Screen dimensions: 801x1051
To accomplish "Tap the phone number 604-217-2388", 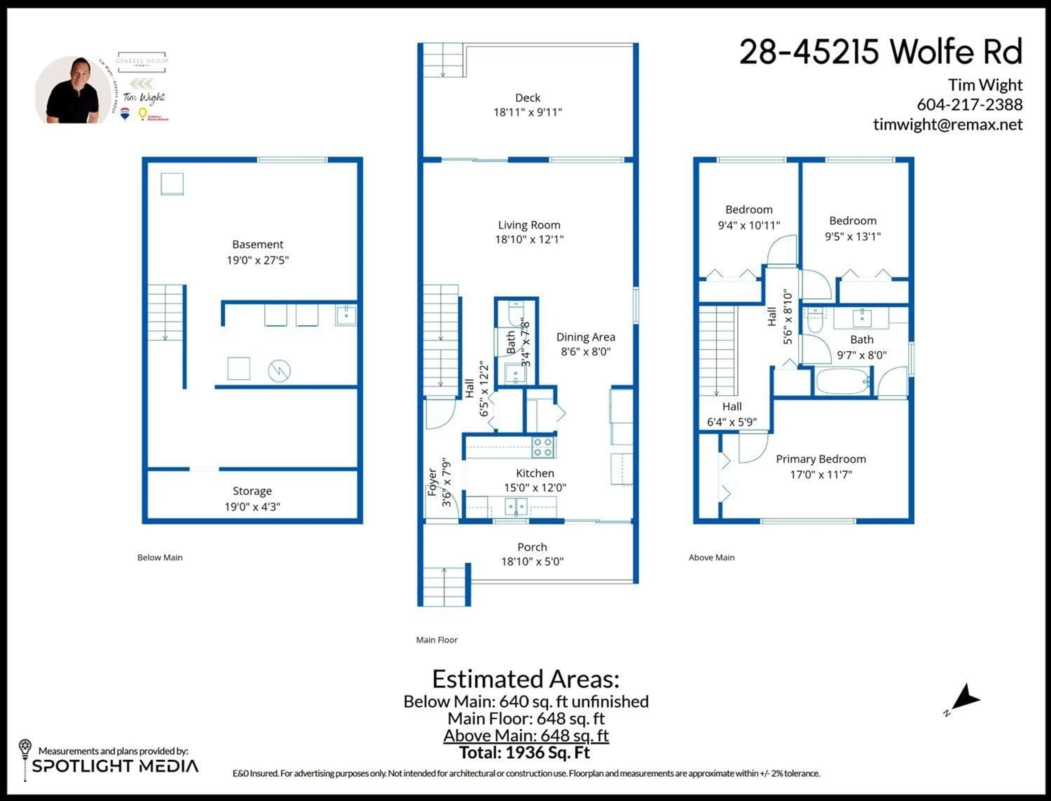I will point(969,104).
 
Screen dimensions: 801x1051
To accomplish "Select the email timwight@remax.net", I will point(948,125).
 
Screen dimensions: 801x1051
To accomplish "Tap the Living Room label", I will point(529,225).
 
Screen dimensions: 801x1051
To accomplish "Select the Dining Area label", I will point(585,337).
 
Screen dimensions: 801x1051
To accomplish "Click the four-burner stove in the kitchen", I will point(543,447).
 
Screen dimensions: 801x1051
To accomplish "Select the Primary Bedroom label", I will point(821,459).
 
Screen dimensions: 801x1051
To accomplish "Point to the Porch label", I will point(532,547).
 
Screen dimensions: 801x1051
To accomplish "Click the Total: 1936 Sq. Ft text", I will point(525,753).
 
